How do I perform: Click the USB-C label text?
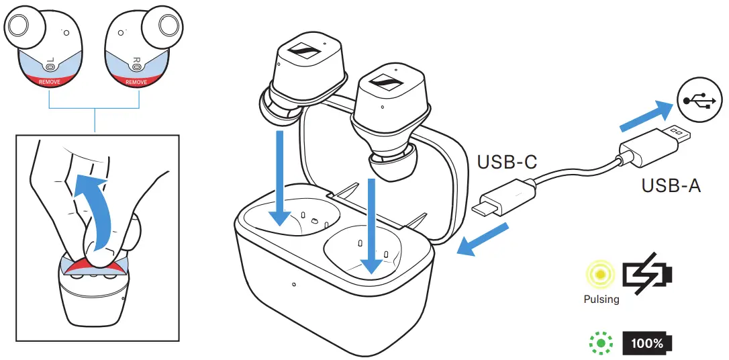point(505,163)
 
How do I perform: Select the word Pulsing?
point(601,299)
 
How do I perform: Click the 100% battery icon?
point(646,344)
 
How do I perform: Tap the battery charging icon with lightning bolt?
point(647,275)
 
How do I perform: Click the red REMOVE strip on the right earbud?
point(136,81)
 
